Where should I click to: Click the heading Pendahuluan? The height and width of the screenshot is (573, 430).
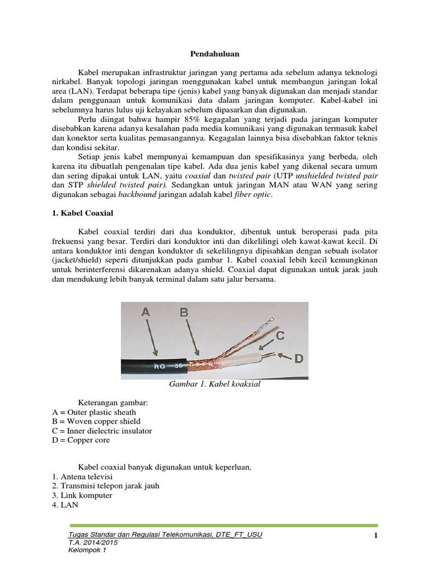(215, 54)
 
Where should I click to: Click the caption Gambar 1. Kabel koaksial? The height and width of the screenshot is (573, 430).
(215, 385)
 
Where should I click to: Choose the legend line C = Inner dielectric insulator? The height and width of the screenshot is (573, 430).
(101, 431)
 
